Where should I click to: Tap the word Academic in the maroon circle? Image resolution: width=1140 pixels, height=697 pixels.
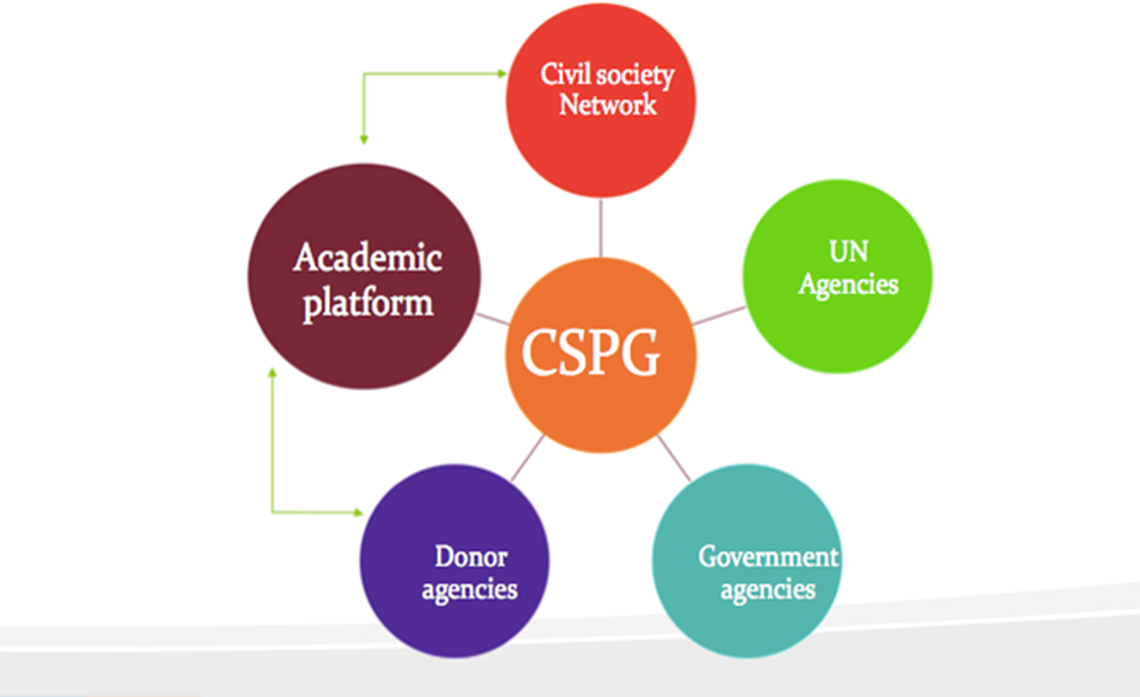(x=367, y=259)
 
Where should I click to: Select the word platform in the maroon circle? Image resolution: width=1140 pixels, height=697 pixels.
(x=367, y=304)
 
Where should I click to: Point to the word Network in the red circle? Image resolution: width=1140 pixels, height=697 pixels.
(x=607, y=105)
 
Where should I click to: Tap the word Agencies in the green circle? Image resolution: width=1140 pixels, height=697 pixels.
(x=848, y=283)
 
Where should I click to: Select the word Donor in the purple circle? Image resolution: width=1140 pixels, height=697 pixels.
(x=471, y=558)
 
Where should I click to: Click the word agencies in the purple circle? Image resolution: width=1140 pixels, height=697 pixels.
(x=469, y=589)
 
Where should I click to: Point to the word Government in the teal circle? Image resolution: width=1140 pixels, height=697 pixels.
(x=768, y=558)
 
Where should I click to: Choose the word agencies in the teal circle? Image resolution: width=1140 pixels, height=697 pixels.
(x=767, y=589)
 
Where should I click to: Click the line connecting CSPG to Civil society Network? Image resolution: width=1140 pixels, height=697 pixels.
(x=601, y=227)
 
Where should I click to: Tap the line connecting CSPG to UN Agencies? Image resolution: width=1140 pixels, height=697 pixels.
(x=719, y=315)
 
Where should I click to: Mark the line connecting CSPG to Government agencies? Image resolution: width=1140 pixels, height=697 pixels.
(x=674, y=458)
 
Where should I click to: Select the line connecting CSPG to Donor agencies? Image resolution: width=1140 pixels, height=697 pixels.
(x=528, y=458)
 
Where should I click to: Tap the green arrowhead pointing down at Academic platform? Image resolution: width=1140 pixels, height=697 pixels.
(x=363, y=139)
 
